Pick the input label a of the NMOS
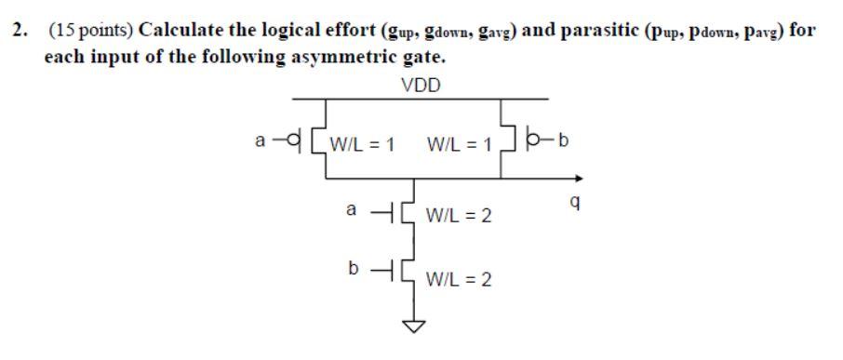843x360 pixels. [351, 210]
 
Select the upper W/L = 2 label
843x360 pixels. [459, 217]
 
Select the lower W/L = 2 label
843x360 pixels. [459, 277]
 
